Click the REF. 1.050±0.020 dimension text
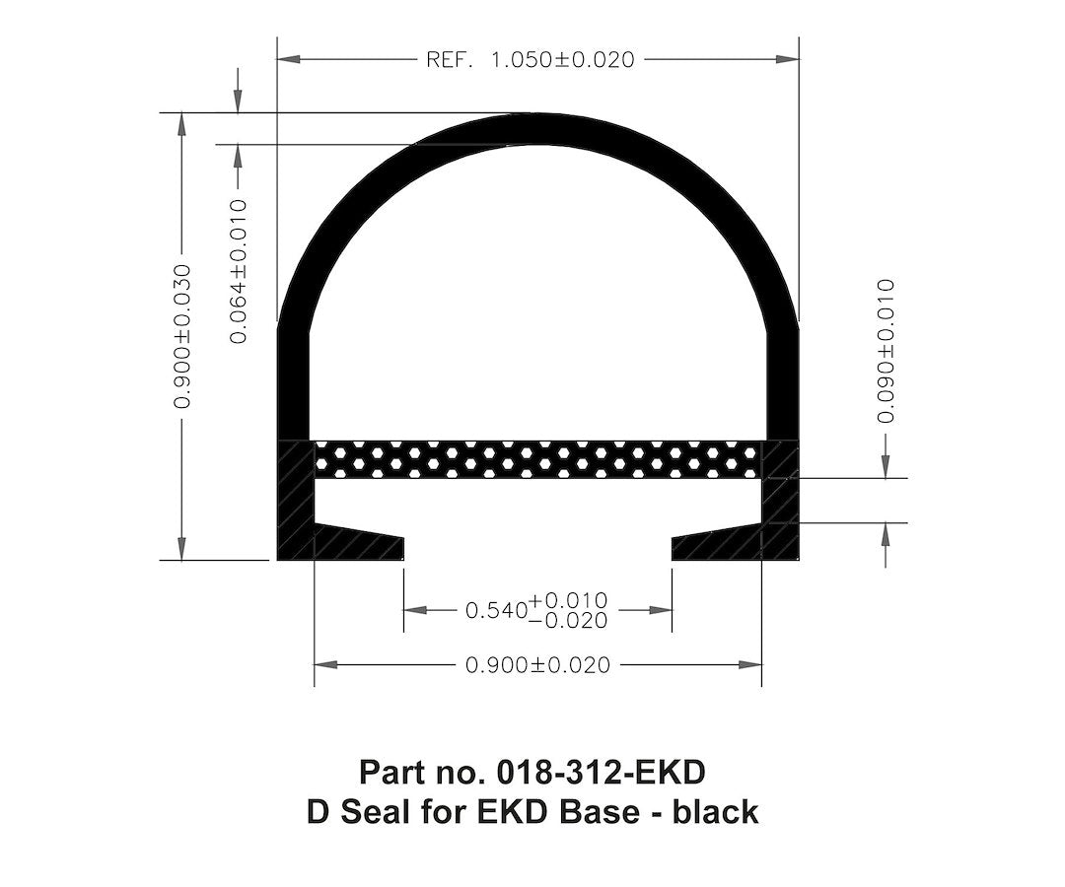[x=530, y=60]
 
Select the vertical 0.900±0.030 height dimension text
[x=181, y=336]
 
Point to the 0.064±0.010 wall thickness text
[x=238, y=270]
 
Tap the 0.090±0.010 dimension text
[x=887, y=351]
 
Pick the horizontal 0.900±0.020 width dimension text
[x=537, y=665]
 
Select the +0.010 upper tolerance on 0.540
[x=568, y=600]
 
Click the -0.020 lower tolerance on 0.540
[x=568, y=620]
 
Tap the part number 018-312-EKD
[x=601, y=770]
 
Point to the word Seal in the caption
[x=372, y=812]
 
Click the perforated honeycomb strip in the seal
[x=537, y=459]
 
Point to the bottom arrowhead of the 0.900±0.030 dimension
[x=181, y=548]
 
